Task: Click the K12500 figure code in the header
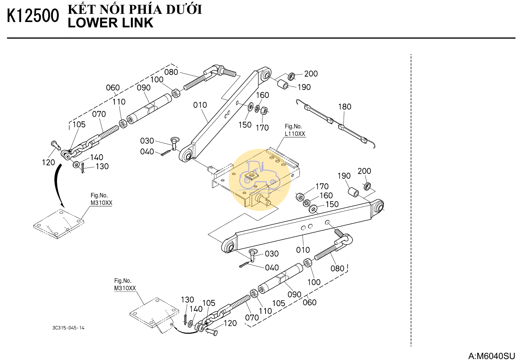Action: click(x=33, y=16)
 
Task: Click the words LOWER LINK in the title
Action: click(x=110, y=23)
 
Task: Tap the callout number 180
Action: click(x=345, y=107)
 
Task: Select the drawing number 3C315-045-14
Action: click(x=68, y=328)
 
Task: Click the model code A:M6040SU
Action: click(x=491, y=356)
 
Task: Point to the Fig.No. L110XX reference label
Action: click(x=295, y=130)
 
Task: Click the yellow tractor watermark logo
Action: click(x=259, y=179)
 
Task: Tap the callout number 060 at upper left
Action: click(x=113, y=88)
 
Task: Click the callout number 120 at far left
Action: click(x=48, y=162)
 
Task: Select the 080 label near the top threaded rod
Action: click(x=171, y=72)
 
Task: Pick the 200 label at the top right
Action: click(x=311, y=74)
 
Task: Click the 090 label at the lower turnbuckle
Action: click(x=294, y=295)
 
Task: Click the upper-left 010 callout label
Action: click(x=200, y=105)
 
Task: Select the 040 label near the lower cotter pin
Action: click(x=272, y=268)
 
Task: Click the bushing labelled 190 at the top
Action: click(x=283, y=84)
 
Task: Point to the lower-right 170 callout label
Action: click(x=322, y=187)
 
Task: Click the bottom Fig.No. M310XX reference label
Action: click(x=125, y=284)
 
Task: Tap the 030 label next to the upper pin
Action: click(x=147, y=141)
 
